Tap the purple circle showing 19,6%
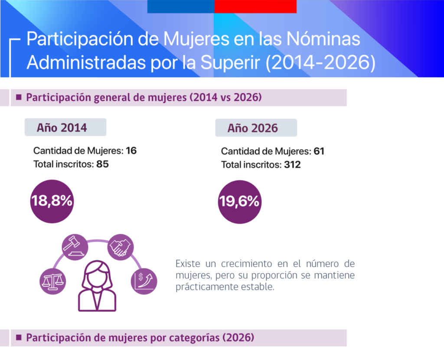click(239, 202)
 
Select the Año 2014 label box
click(65, 128)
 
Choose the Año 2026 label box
click(256, 128)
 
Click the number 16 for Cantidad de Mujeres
click(131, 151)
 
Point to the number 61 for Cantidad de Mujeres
click(319, 151)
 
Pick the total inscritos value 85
click(103, 164)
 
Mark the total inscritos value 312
click(292, 165)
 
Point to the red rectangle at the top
click(255, 7)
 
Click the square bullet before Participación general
click(19, 97)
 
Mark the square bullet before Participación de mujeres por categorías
click(19, 337)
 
